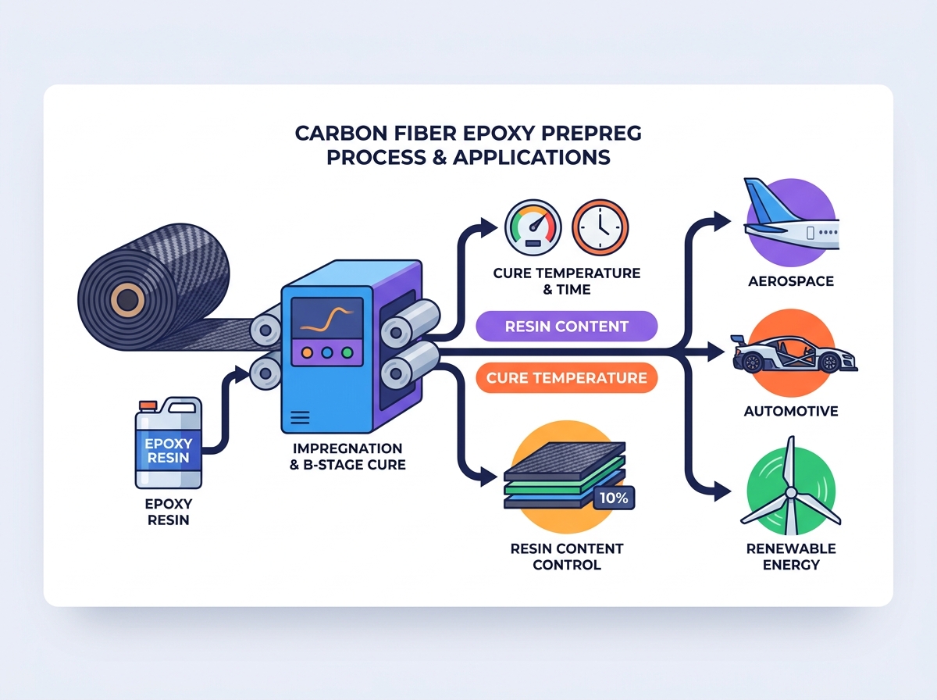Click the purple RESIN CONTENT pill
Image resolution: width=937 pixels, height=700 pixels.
(x=566, y=327)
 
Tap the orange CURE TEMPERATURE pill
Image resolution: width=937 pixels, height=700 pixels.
(x=566, y=378)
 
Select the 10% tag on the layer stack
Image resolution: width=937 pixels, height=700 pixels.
(x=614, y=498)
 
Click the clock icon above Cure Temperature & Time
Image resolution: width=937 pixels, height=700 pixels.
(x=600, y=227)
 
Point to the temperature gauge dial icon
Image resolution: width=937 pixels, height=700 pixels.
(x=533, y=227)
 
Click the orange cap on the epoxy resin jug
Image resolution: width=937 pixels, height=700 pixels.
(x=148, y=405)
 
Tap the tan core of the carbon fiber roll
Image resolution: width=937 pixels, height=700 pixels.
(x=127, y=300)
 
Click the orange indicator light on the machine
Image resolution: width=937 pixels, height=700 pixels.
(x=307, y=353)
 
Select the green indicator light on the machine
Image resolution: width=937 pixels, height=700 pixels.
(x=347, y=353)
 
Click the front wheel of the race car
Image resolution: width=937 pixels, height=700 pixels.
(x=829, y=363)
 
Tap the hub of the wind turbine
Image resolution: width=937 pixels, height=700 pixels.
(x=791, y=493)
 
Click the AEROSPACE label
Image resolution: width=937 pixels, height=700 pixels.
(x=791, y=281)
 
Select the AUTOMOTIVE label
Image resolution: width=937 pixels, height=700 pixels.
(x=791, y=411)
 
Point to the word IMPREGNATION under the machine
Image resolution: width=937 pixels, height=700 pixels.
(x=347, y=448)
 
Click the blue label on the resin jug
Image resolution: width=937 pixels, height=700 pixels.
(x=168, y=450)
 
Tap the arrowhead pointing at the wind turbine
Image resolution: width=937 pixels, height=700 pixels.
(x=721, y=491)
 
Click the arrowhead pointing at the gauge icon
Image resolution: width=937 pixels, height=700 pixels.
(x=490, y=227)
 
